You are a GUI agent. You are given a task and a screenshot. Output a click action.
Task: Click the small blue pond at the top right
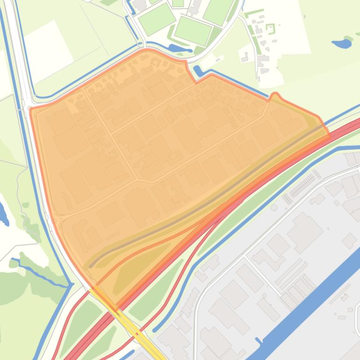[x=342, y=43]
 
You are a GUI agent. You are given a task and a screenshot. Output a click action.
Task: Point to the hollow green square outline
[x=271, y=29]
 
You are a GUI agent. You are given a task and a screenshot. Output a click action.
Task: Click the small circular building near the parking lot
[x=274, y=207]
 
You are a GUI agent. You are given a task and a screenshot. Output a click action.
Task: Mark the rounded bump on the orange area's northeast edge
[x=275, y=96]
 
